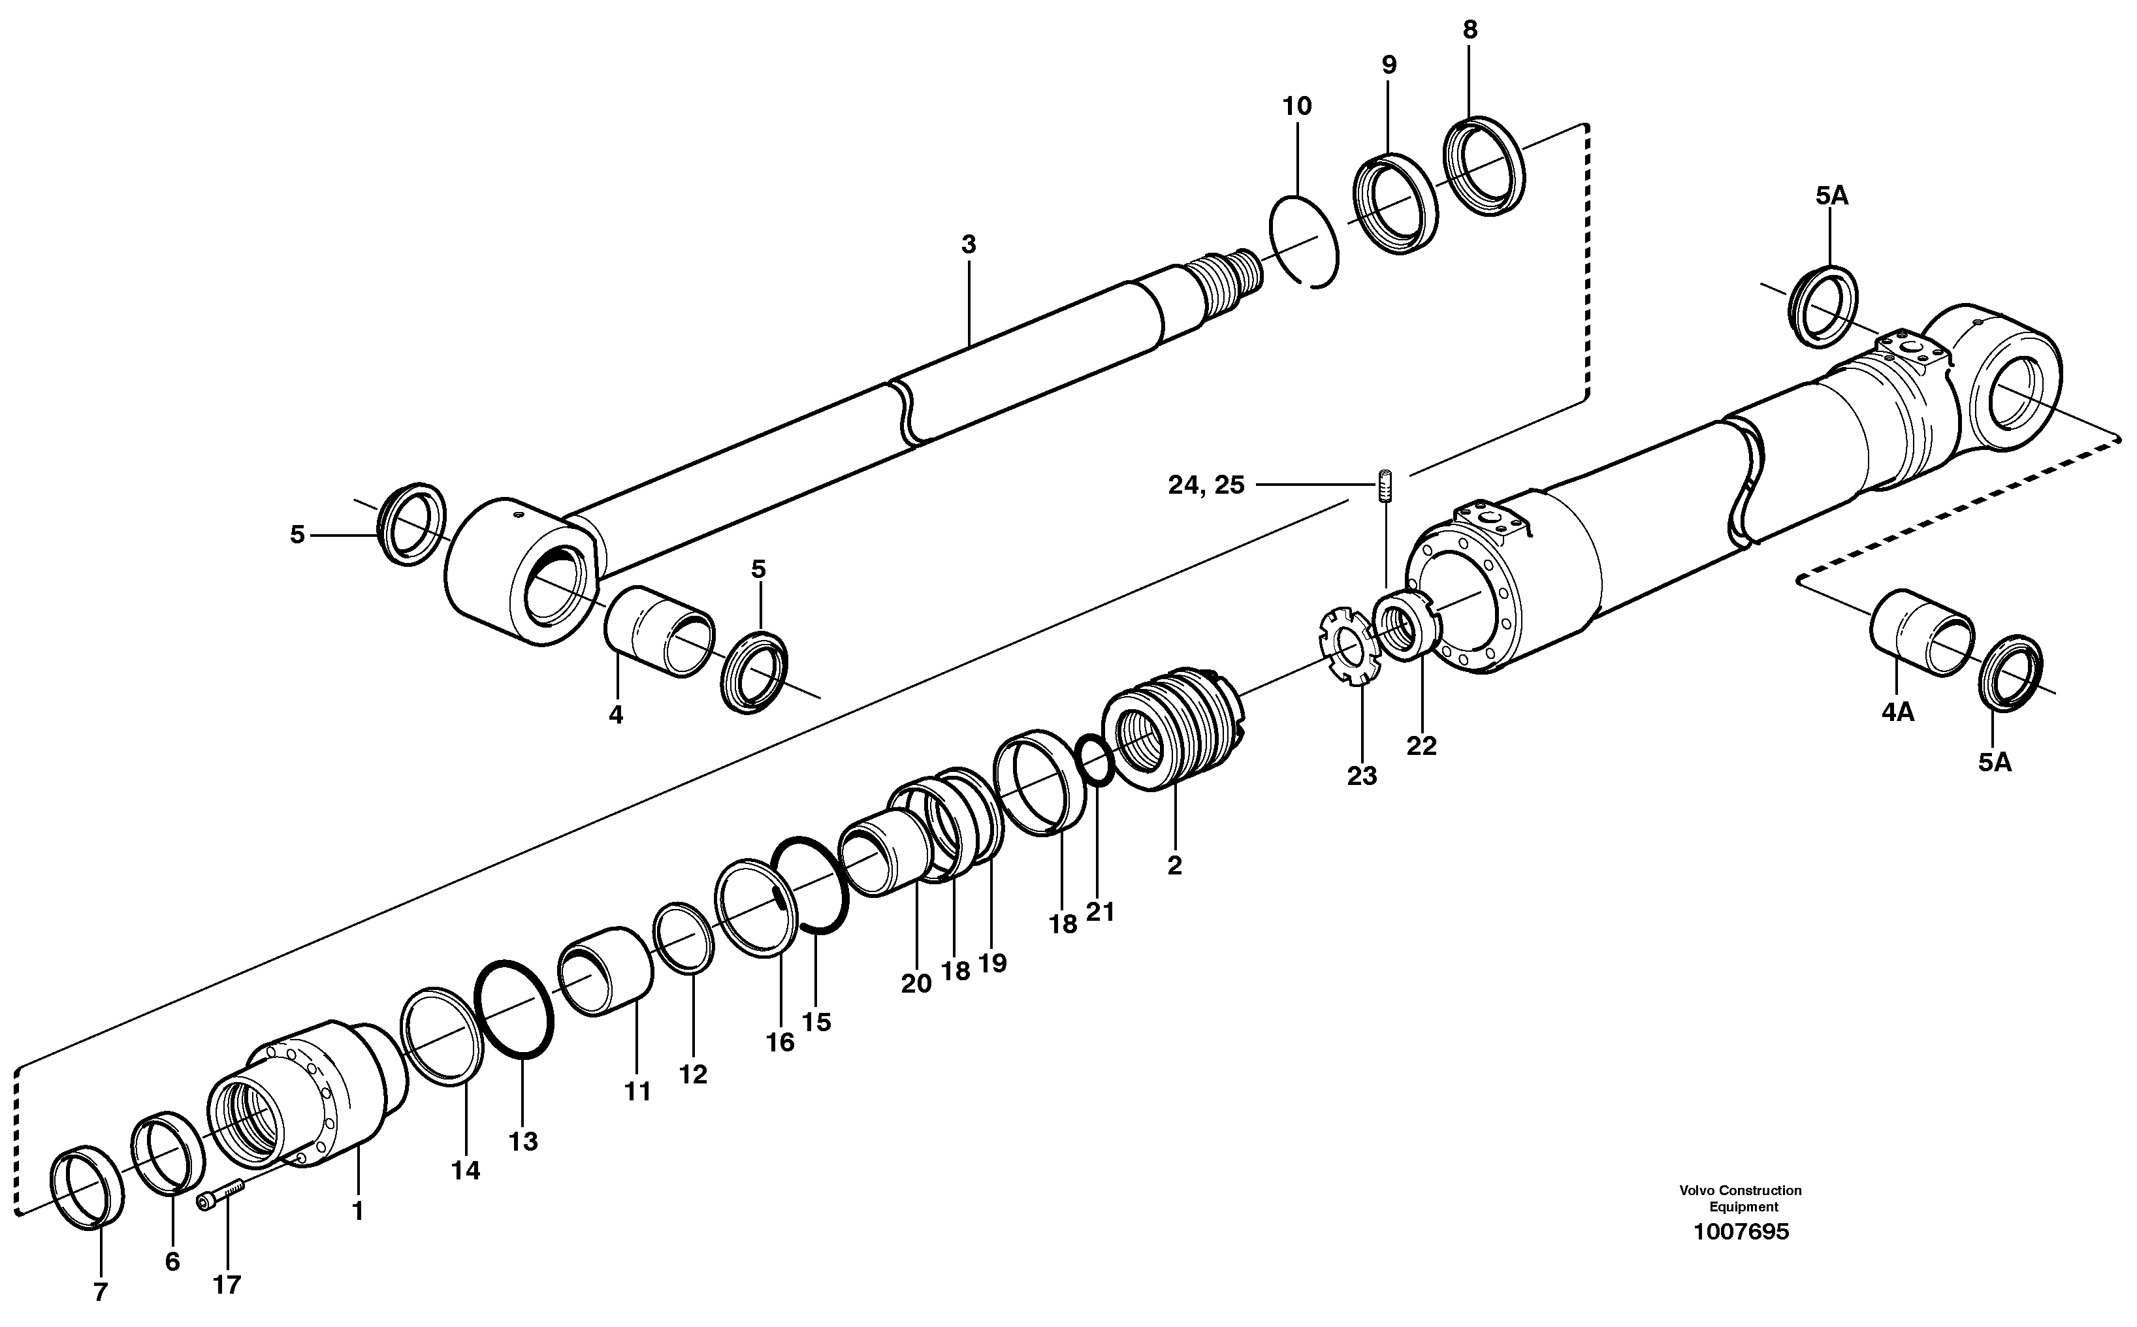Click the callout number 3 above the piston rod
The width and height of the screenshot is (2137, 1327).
click(968, 245)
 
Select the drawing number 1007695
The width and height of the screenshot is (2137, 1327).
click(1741, 1232)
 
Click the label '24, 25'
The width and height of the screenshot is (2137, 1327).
click(1206, 485)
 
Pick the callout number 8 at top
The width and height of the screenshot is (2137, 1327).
click(1470, 30)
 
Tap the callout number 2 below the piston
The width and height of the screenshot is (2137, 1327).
click(1174, 865)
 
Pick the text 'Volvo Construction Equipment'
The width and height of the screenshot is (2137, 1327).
click(1741, 1199)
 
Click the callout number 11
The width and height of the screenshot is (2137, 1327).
click(637, 1092)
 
